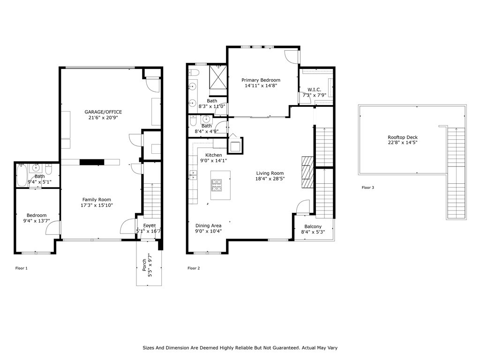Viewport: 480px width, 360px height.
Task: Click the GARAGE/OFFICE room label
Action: [103, 112]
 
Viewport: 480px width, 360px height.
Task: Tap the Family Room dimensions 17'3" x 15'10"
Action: [97, 205]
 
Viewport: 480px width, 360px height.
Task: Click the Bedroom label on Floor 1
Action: [37, 215]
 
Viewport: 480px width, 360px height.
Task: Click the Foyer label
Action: [149, 225]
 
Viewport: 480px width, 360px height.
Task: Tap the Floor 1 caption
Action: [22, 269]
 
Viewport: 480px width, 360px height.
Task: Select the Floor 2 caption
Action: [194, 269]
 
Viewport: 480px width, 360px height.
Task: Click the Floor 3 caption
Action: [368, 187]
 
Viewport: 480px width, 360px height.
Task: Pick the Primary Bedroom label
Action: [261, 80]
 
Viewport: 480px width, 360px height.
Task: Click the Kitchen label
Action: [214, 155]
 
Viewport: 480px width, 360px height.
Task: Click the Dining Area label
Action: [208, 225]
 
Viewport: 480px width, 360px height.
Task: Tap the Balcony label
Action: [313, 227]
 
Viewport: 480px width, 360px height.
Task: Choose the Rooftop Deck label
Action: [403, 137]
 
